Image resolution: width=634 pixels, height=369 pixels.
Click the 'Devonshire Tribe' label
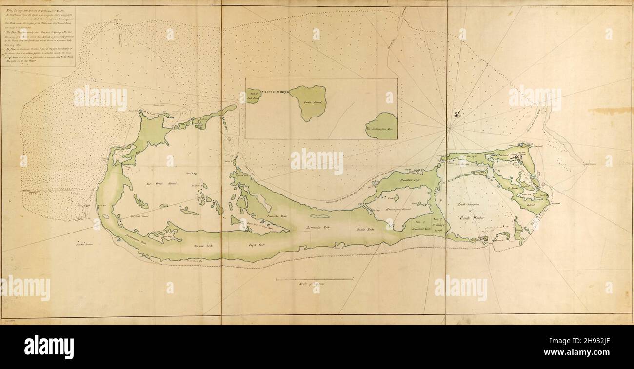[318, 228]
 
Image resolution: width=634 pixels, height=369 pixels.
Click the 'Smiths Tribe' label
[365, 229]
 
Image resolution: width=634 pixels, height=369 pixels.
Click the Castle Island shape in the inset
[308, 102]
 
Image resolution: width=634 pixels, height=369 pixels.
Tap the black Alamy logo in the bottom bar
[49, 347]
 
